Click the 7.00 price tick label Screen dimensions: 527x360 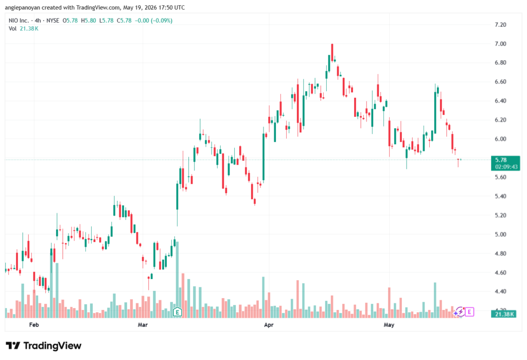coord(500,44)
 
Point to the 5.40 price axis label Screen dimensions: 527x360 coord(500,196)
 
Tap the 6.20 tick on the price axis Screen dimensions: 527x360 coord(500,120)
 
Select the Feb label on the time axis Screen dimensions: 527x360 coord(34,324)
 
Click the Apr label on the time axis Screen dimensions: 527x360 coord(269,324)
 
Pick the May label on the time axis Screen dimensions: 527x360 coord(389,324)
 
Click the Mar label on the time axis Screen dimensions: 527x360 coord(143,324)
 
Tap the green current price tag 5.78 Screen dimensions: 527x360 coord(505,163)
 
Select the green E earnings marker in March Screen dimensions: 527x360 coord(177,312)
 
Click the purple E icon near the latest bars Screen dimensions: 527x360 coord(469,312)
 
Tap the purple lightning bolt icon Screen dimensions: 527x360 coord(460,312)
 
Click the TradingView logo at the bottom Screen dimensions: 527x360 coord(44,346)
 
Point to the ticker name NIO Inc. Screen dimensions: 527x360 coord(19,21)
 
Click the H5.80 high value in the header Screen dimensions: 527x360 coord(89,21)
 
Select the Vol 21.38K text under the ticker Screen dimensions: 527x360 coord(24,29)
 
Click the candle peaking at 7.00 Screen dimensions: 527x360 coord(332,53)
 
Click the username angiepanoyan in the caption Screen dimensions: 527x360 coord(22,7)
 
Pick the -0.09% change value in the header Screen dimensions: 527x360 coord(162,21)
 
